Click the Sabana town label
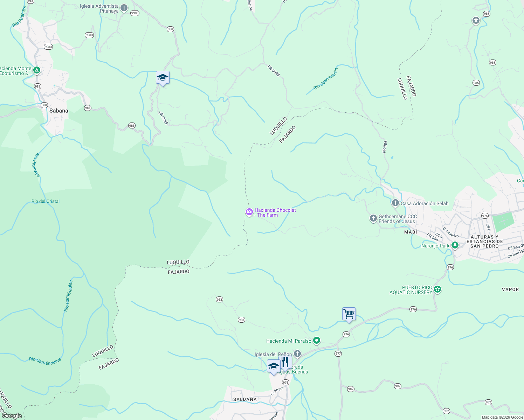pyautogui.click(x=58, y=111)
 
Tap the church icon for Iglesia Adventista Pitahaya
pyautogui.click(x=124, y=8)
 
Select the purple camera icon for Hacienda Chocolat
pyautogui.click(x=249, y=212)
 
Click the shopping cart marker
pyautogui.click(x=349, y=314)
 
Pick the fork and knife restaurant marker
pyautogui.click(x=285, y=362)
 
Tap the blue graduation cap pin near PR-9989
pyautogui.click(x=163, y=78)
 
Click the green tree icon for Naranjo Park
pyautogui.click(x=455, y=245)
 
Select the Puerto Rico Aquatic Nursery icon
pyautogui.click(x=437, y=289)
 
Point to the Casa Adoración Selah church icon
pyautogui.click(x=395, y=203)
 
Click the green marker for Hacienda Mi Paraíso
pyautogui.click(x=317, y=341)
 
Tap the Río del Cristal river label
pyautogui.click(x=46, y=201)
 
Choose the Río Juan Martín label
pyautogui.click(x=326, y=79)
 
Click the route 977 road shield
pyautogui.click(x=338, y=353)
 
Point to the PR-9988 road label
pyautogui.click(x=274, y=71)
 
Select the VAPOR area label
pyautogui.click(x=510, y=289)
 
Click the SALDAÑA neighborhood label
pyautogui.click(x=245, y=399)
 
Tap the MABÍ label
pyautogui.click(x=411, y=232)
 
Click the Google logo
pyautogui.click(x=12, y=416)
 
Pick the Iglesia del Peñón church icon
pyautogui.click(x=297, y=354)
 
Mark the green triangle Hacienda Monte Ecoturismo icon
pyautogui.click(x=36, y=70)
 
